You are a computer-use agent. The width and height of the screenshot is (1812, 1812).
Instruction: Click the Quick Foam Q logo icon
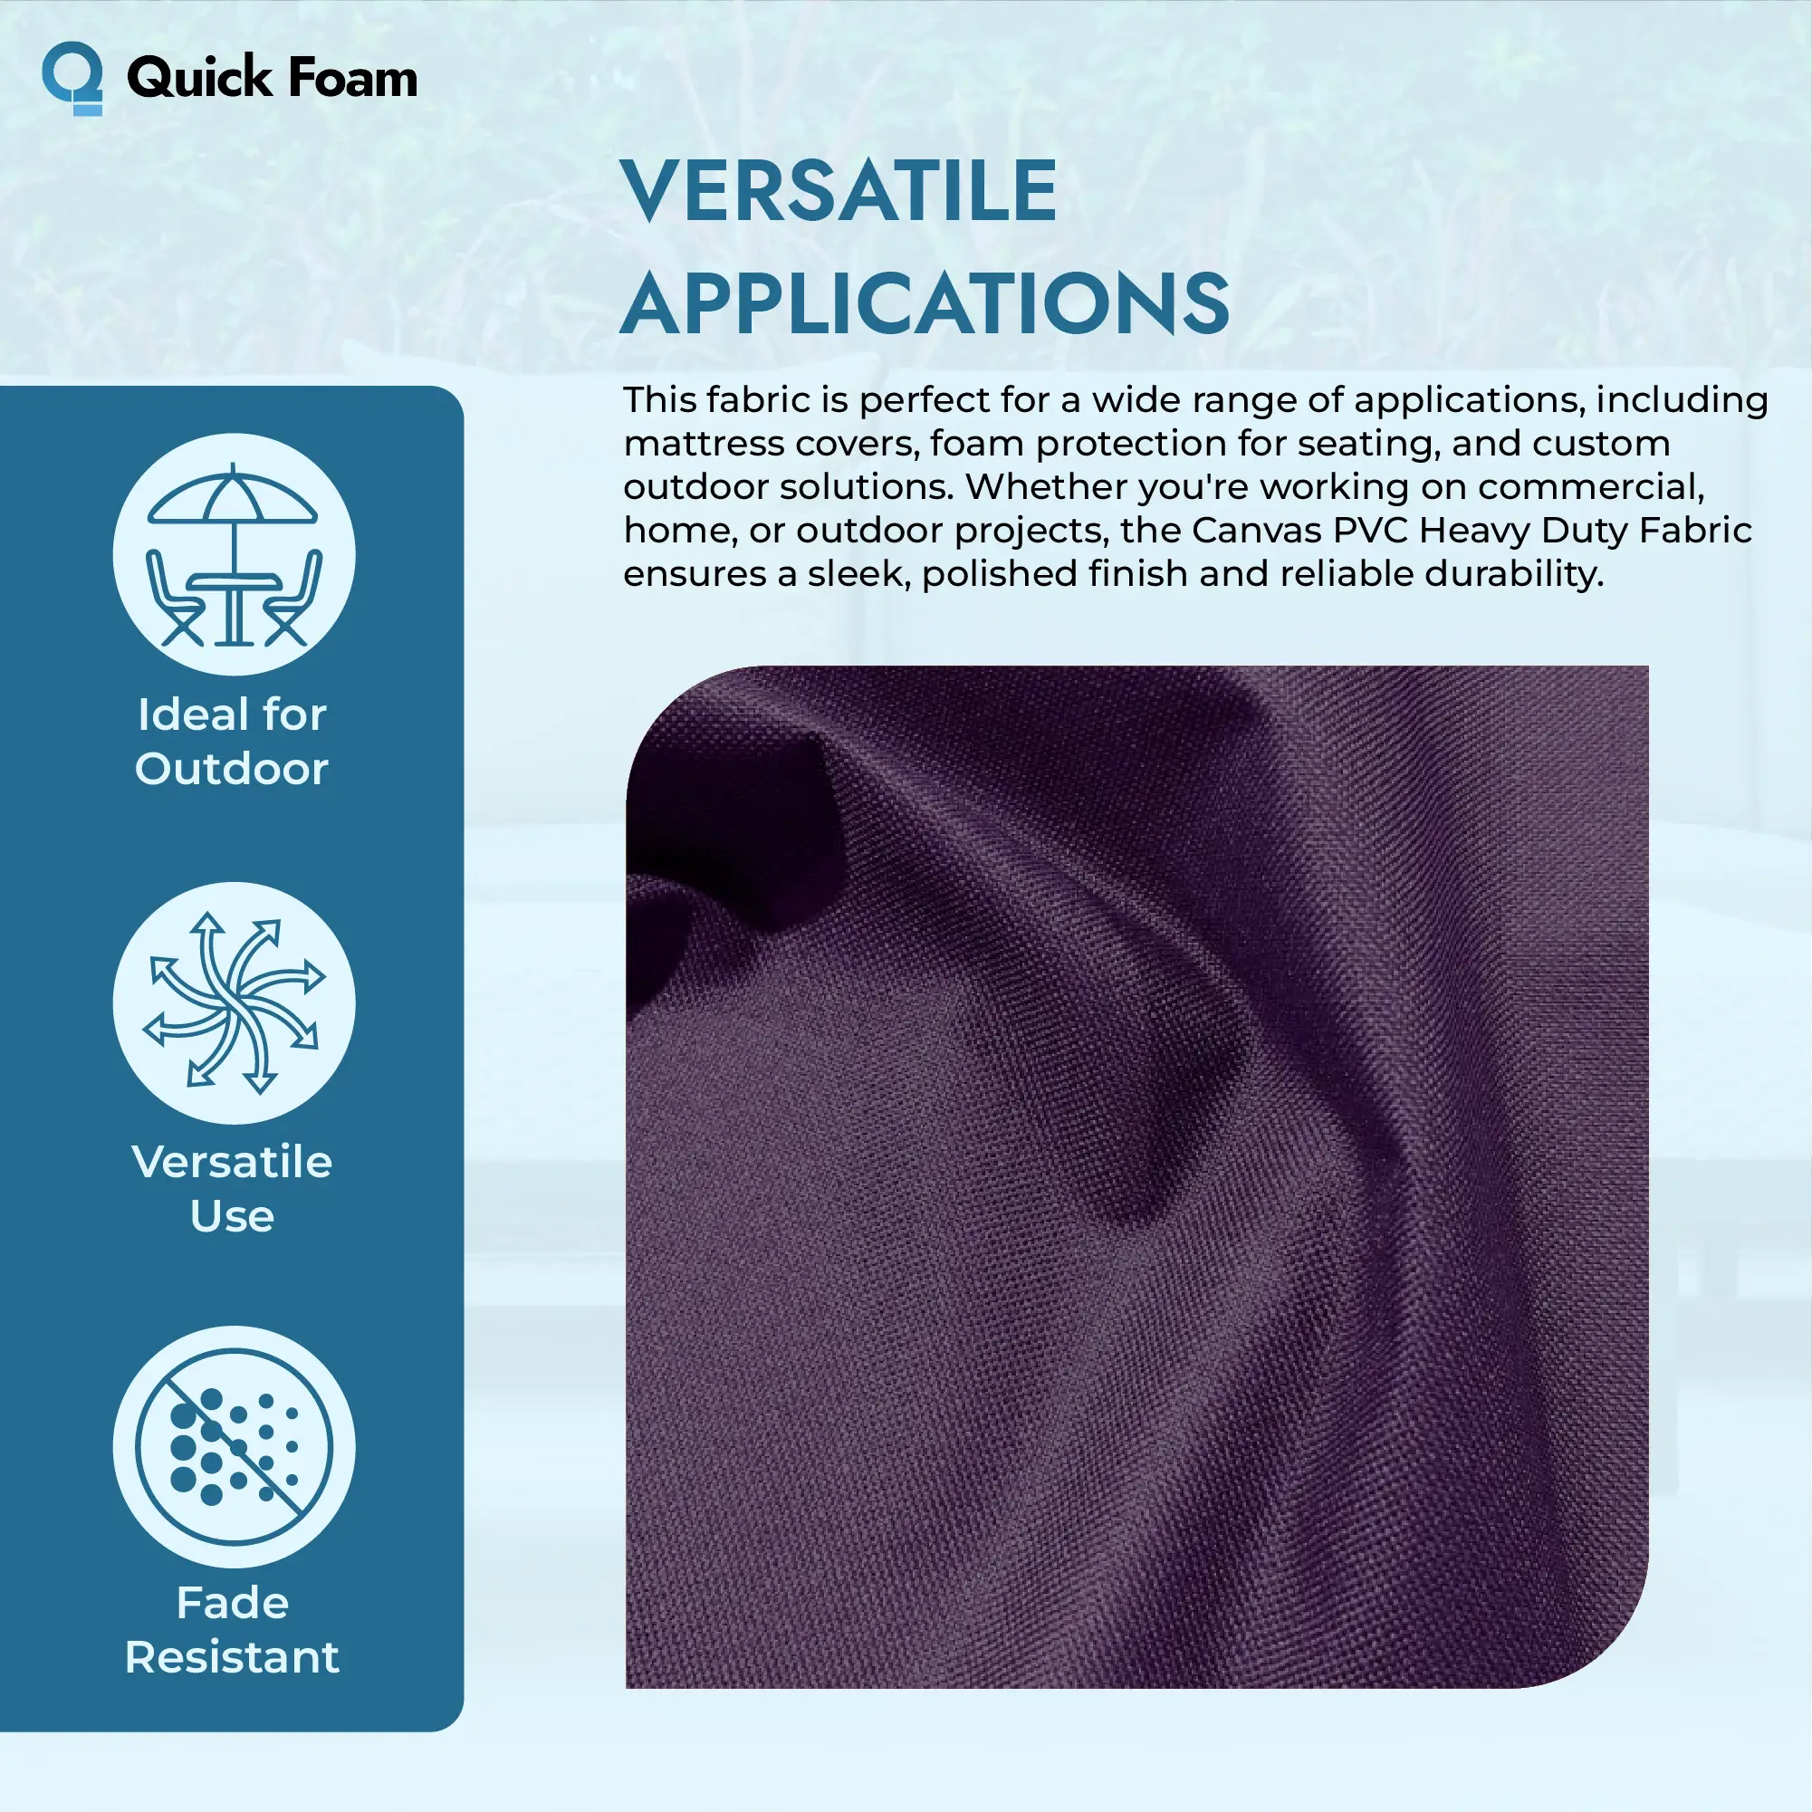click(x=72, y=78)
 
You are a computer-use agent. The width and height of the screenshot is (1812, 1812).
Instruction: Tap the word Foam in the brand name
click(x=351, y=77)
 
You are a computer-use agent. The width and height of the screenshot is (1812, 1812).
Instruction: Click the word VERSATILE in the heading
click(x=839, y=190)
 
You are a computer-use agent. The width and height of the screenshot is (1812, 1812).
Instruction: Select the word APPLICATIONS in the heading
click(x=925, y=303)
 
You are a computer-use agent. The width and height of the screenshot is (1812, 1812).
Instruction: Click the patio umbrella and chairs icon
click(x=234, y=554)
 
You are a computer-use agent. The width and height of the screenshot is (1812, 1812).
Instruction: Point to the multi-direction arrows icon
click(x=234, y=1002)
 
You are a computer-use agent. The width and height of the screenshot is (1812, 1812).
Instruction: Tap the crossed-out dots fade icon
click(x=234, y=1447)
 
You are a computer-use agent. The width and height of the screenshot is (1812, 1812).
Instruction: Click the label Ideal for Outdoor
click(x=232, y=741)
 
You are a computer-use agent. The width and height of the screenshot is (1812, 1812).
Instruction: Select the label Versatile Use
click(x=232, y=1188)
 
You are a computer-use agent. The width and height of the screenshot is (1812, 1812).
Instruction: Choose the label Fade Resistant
click(x=232, y=1630)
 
